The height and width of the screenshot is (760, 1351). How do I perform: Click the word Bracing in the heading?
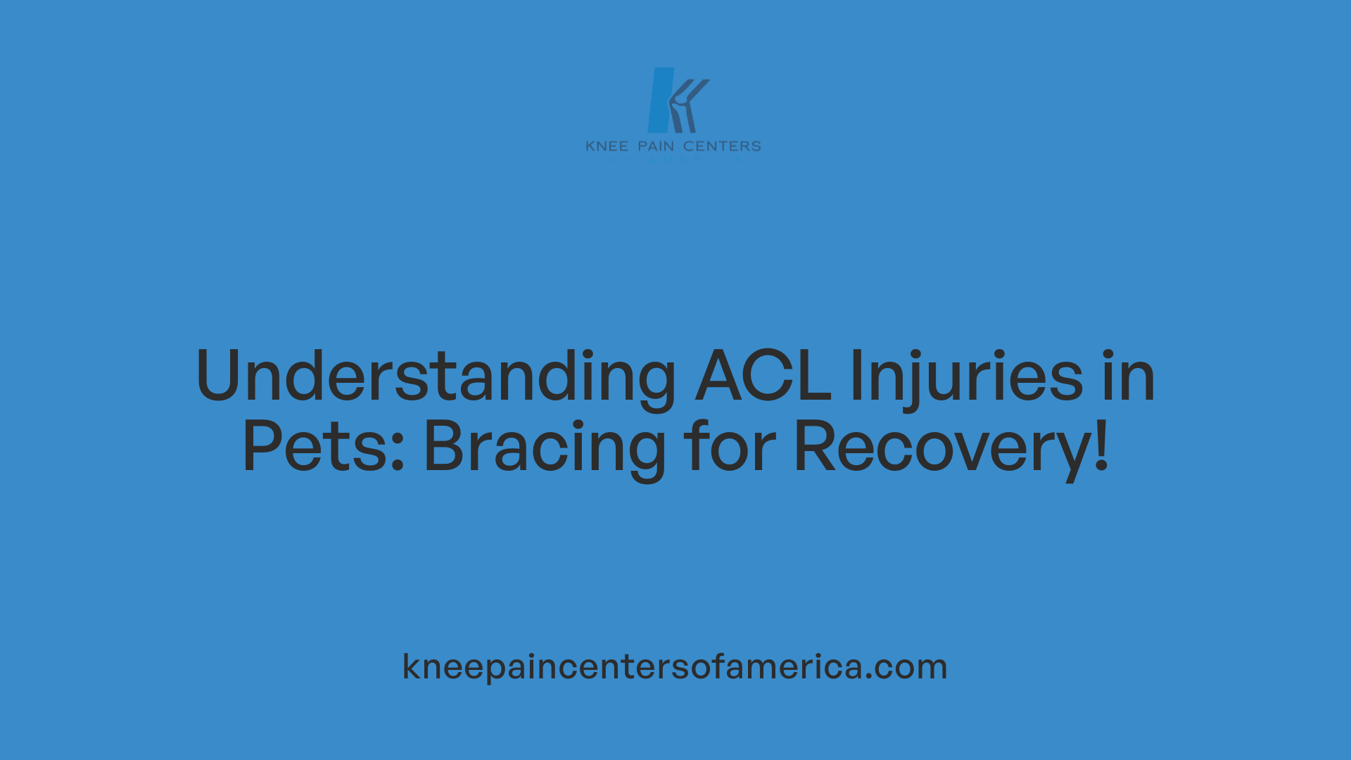[x=545, y=446]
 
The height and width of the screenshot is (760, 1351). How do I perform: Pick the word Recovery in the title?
[x=943, y=446]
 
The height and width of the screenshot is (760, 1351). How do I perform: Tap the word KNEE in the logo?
[x=607, y=146]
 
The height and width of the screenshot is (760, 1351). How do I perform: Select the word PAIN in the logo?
[x=656, y=146]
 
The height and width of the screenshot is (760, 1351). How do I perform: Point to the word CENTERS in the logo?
[x=722, y=146]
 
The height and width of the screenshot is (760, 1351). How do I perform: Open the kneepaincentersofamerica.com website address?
[x=674, y=666]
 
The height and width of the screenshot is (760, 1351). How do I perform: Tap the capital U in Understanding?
[x=224, y=376]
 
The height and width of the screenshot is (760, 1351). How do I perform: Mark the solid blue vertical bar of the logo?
[x=661, y=100]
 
